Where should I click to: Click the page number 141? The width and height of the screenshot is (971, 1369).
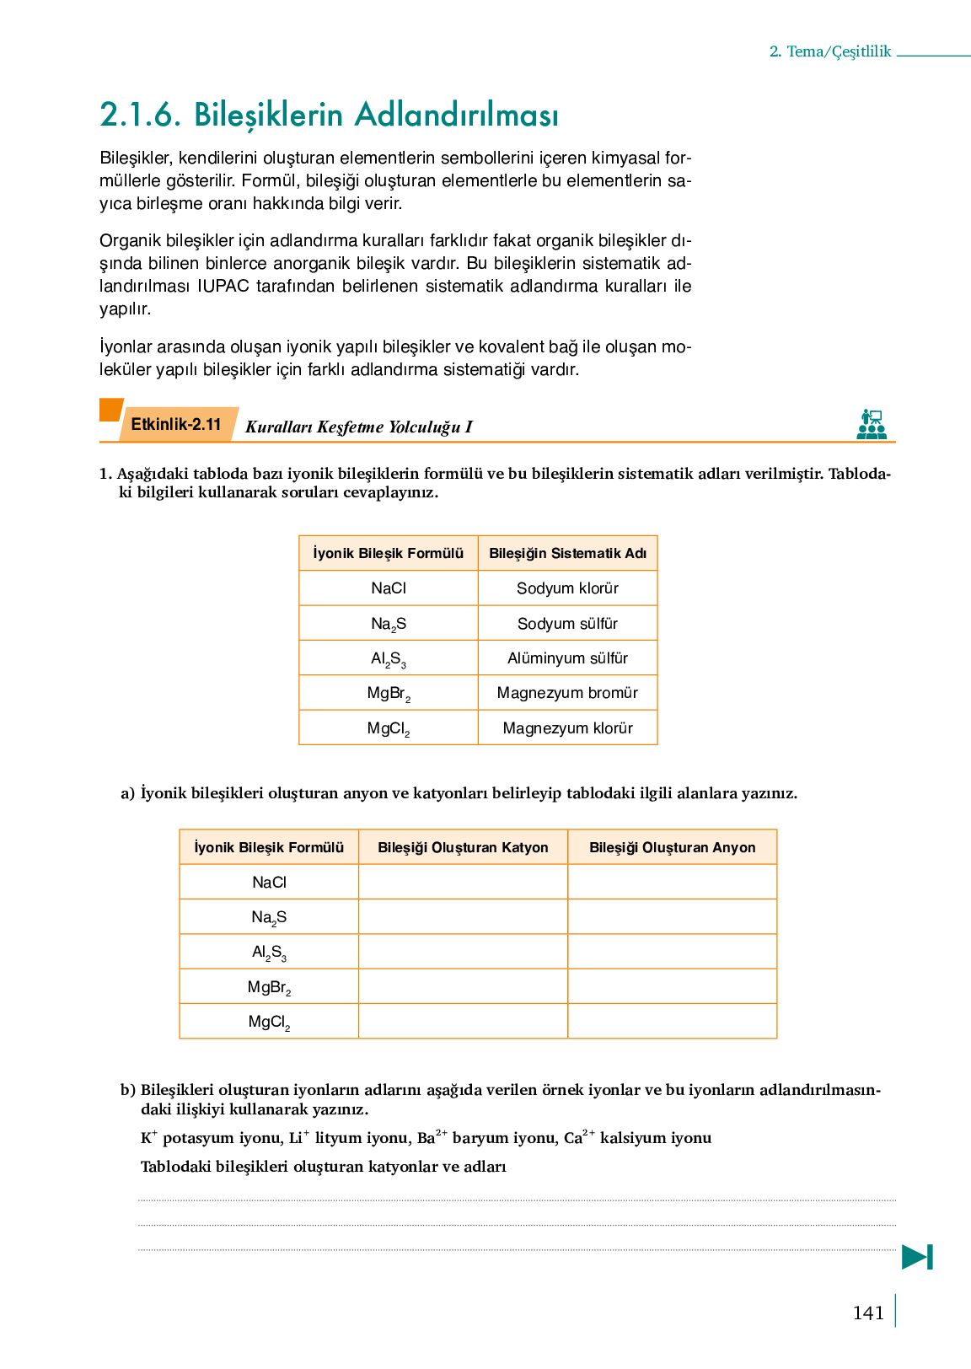coord(868,1313)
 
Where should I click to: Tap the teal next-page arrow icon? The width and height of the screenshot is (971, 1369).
coord(917,1257)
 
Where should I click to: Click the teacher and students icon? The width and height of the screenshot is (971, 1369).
coord(872,424)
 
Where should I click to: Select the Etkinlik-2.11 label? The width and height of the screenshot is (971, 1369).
coord(176,424)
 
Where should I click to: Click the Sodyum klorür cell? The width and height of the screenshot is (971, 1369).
coord(567,588)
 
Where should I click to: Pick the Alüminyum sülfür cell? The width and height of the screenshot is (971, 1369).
coord(567,658)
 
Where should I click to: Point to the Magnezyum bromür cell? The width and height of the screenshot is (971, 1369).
coord(567,693)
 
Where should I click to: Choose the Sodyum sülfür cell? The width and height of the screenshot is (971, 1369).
coord(567,624)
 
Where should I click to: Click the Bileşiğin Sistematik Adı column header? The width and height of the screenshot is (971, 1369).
coord(567,554)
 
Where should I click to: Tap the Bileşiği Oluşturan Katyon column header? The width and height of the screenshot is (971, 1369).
coord(463,847)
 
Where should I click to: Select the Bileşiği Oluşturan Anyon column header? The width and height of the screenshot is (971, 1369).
coord(672,847)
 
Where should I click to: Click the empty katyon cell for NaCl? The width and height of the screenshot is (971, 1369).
coord(463,883)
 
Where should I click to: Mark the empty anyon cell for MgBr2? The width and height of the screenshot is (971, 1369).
coord(672,986)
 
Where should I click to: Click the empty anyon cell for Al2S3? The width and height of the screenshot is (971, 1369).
coord(672,952)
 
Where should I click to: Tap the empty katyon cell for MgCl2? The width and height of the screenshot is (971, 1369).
coord(463,1022)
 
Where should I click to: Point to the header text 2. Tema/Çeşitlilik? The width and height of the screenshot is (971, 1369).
coord(830,51)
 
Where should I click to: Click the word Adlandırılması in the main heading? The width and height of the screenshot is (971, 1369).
coord(456,115)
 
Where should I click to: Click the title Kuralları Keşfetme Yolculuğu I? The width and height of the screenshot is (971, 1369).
coord(358,427)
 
